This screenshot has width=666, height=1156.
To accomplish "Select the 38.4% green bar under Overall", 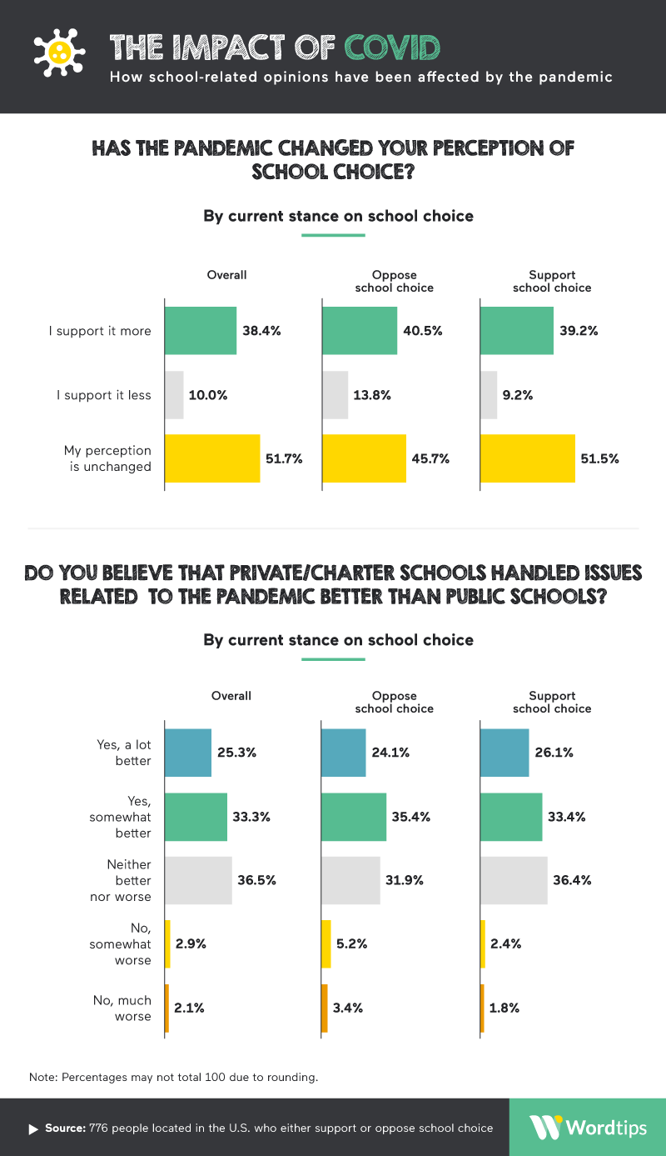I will (201, 331).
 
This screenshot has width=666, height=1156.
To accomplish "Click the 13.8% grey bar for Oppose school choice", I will (335, 394).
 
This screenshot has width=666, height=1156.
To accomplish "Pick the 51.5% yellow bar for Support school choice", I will (528, 458).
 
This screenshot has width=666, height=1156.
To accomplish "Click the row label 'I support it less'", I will (104, 394).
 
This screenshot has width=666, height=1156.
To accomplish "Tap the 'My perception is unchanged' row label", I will (107, 458).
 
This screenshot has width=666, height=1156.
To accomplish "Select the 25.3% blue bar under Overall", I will (188, 753).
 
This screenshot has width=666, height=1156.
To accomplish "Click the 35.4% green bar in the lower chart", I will (354, 817).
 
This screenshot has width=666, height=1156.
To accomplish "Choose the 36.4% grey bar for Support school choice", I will (514, 880).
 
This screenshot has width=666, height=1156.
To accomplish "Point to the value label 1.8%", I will (504, 1008).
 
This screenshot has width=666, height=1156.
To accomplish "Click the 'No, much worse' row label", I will (122, 1008).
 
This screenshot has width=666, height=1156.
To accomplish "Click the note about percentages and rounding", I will (173, 1077).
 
